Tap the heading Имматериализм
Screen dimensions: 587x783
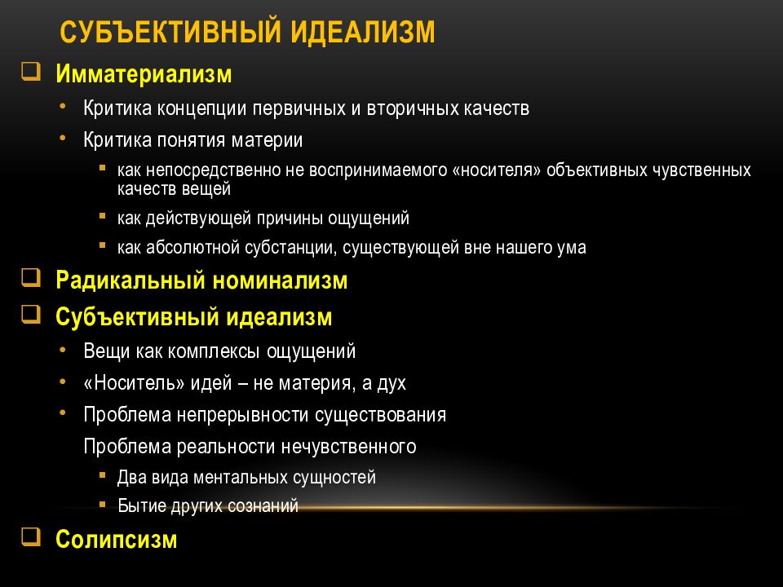144,74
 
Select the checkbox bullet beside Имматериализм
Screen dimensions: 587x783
31,72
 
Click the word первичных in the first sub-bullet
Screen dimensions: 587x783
290,108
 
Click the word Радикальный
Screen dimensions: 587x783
130,281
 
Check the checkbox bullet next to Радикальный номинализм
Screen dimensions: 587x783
31,278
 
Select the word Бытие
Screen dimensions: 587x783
141,506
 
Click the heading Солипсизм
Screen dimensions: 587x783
116,540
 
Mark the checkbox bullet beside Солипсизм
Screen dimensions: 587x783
31,536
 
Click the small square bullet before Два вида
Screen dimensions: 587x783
102,474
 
